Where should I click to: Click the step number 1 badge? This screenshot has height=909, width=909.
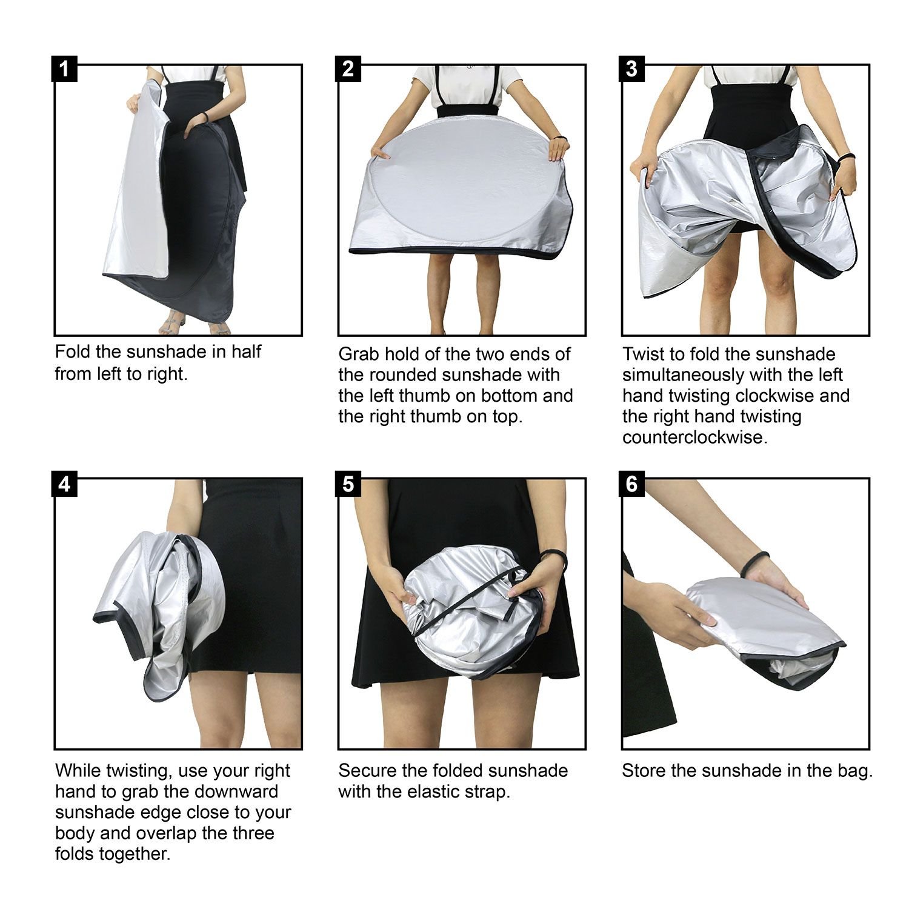click(x=65, y=69)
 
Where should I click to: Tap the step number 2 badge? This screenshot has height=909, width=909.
click(x=348, y=69)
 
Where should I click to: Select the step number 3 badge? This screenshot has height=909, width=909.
click(x=632, y=69)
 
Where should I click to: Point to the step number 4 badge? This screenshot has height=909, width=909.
click(x=65, y=484)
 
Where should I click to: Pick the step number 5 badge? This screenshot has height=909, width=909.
click(x=348, y=484)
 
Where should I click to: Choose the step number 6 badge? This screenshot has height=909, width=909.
click(x=632, y=484)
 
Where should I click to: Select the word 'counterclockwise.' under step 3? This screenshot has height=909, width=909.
click(x=695, y=438)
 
